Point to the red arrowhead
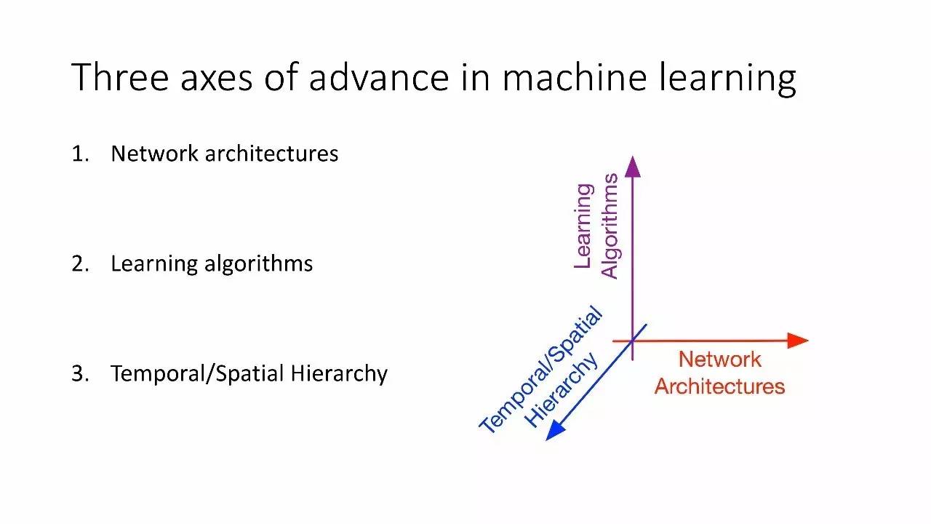pos(798,340)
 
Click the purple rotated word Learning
pos(583,226)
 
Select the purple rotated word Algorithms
pos(610,226)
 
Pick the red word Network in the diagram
pos(719,360)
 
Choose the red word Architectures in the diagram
pos(719,386)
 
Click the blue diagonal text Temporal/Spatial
pos(542,370)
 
